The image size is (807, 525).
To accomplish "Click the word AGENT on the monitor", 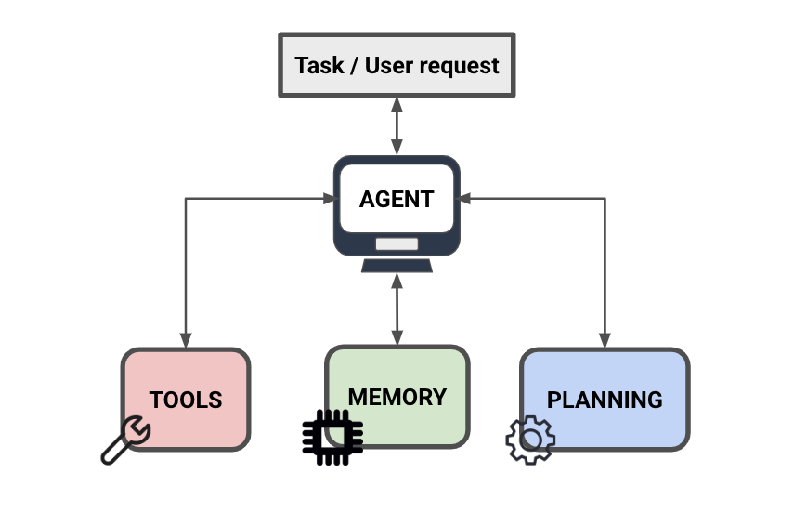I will [397, 199].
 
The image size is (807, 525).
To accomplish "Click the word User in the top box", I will [388, 66].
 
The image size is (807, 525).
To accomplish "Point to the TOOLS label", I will [186, 400].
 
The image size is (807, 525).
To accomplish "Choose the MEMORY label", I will [397, 397].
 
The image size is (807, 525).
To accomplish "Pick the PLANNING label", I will [605, 400].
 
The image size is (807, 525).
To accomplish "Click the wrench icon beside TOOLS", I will [125, 440].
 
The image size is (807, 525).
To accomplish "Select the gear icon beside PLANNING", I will [530, 440].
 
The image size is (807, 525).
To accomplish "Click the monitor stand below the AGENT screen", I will [397, 266].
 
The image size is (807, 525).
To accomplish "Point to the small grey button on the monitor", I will [397, 244].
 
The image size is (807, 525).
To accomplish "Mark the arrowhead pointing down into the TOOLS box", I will [186, 341].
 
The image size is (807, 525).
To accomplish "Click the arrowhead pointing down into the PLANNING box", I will [605, 341].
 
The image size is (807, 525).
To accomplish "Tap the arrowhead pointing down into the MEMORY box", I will [397, 339].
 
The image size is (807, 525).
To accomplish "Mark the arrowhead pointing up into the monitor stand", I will [397, 280].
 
